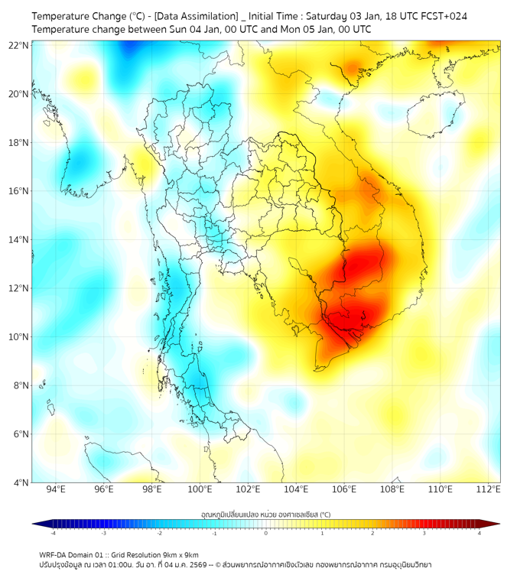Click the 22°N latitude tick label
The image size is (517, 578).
click(19, 45)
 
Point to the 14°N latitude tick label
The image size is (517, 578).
click(19, 239)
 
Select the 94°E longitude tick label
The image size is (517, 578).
click(56, 489)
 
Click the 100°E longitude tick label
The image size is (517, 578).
click(200, 489)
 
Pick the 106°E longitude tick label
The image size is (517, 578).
click(344, 489)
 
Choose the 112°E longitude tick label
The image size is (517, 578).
click(488, 489)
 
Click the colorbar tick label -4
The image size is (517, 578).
click(52, 533)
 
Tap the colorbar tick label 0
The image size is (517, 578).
click(266, 533)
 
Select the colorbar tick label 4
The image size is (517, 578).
click(480, 533)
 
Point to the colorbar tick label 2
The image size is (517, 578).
click(373, 533)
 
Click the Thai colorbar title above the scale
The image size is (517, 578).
click(265, 515)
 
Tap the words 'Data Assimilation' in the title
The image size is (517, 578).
click(197, 16)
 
